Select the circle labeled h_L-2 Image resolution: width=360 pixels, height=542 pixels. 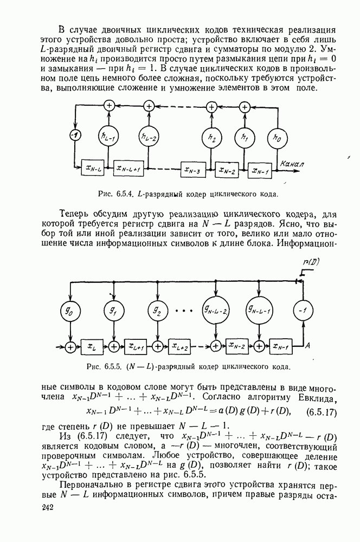(x=147, y=138)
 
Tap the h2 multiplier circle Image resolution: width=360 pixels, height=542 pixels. (x=212, y=138)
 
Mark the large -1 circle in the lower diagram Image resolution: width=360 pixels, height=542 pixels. (x=301, y=310)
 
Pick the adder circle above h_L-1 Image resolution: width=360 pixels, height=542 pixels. (x=110, y=107)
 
